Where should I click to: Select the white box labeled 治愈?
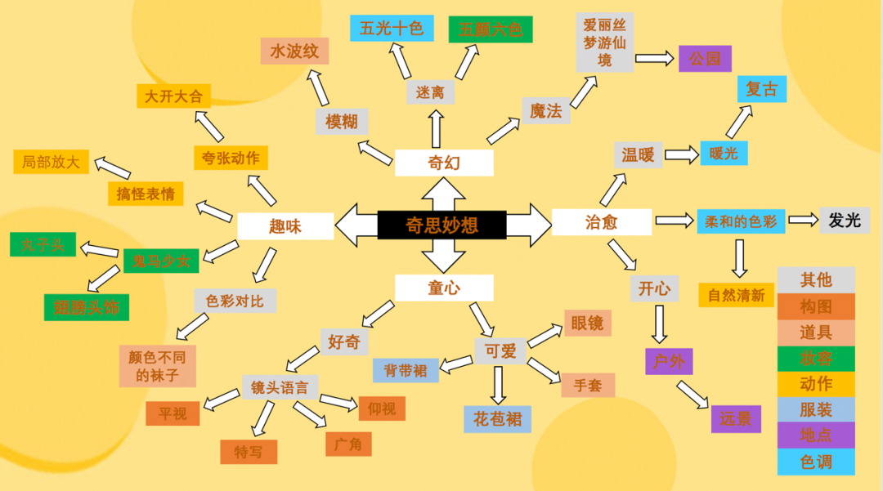point(602,222)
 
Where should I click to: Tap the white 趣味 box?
point(285,226)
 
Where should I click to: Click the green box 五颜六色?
point(491,29)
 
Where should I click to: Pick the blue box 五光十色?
point(392,29)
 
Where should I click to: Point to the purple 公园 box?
point(704,59)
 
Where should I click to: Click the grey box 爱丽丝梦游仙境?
point(604,42)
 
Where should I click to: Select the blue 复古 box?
point(762,89)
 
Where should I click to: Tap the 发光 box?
point(845,220)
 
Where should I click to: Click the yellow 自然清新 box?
point(736,295)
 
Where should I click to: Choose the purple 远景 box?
point(736,418)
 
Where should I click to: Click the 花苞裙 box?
point(497,419)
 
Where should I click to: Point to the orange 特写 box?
point(249,452)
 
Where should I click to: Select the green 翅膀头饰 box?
point(87,307)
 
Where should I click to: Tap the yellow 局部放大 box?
point(51,162)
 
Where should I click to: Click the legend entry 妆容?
point(816,358)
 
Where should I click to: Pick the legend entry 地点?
point(816,435)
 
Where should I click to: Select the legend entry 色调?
point(816,462)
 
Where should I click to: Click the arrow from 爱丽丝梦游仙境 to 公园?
point(655,59)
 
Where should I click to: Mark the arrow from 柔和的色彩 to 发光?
point(802,220)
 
